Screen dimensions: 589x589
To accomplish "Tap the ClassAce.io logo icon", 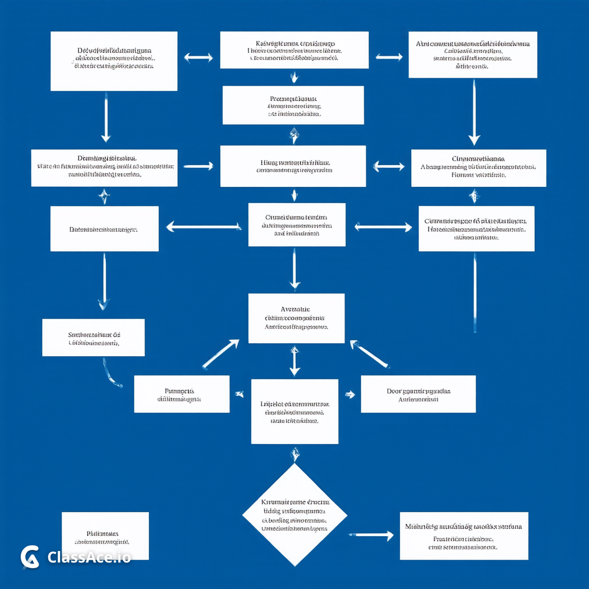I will tap(30, 557).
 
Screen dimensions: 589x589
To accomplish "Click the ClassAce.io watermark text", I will tap(89, 557).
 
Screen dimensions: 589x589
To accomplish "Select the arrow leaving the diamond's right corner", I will tap(371, 536).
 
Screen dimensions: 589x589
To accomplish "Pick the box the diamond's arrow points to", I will tap(464, 536).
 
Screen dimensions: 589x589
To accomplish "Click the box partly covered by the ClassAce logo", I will tap(105, 536).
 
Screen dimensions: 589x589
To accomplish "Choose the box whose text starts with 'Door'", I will tap(418, 394).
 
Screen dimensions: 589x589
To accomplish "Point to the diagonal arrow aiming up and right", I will tap(220, 354).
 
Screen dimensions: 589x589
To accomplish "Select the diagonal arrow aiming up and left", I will tap(370, 354).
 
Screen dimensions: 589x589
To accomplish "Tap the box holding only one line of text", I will tap(104, 229).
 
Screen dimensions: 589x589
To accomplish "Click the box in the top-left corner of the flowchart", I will tap(114, 61).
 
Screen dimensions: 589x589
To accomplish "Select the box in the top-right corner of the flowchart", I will tap(473, 55).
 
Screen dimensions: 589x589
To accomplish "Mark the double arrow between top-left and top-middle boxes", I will tap(198, 58).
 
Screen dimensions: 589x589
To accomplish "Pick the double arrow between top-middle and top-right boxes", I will tap(389, 57).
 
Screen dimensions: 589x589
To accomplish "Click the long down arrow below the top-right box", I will tap(474, 112).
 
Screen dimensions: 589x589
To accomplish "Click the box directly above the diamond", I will tap(294, 411).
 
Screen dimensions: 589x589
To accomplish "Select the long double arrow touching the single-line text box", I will tap(203, 227).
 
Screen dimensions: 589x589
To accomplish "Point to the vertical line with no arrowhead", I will tap(475, 292).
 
